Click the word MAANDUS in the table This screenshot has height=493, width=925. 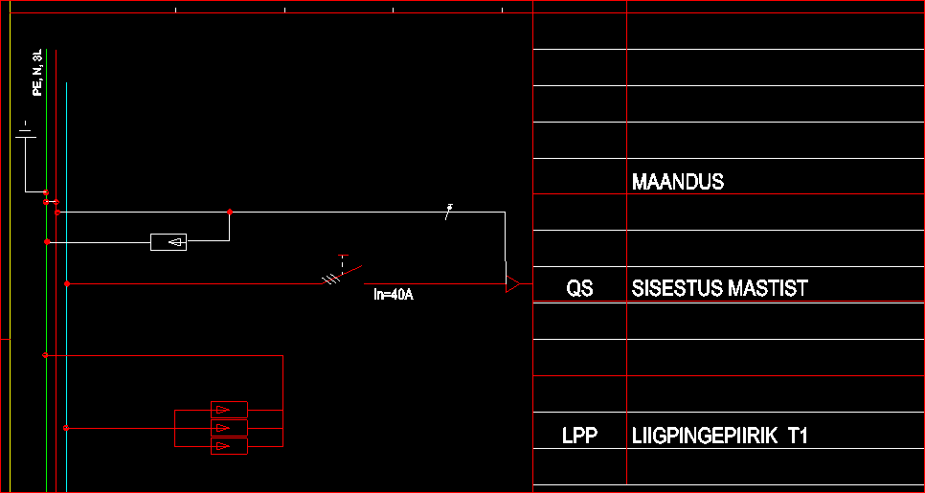coord(678,182)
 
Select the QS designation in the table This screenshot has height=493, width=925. coord(579,287)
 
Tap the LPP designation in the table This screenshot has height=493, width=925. coord(579,437)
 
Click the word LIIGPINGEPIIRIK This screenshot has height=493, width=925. coord(704,437)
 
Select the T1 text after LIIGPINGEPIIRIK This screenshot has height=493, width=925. coord(798,437)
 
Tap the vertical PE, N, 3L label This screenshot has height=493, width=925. coord(37,73)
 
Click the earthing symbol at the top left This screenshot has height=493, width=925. coord(26,133)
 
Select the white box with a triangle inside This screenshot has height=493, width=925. coord(169,242)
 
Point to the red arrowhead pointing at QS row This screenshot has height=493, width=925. coord(514,283)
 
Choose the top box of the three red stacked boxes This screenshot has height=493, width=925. coord(229,410)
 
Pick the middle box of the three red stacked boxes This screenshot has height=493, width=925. coord(229,428)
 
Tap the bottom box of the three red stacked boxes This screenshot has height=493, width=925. coord(229,446)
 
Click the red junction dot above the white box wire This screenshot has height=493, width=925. coord(230,212)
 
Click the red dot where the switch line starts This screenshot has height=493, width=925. coord(66,284)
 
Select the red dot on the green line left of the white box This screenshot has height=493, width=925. coord(47,242)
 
